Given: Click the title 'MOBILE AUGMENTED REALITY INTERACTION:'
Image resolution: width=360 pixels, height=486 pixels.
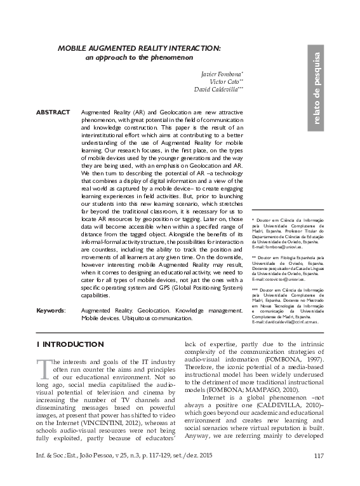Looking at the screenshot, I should (140, 48).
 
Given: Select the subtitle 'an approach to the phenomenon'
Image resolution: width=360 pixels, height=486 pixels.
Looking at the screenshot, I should (138, 58).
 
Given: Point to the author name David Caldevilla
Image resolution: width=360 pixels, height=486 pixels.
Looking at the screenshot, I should (217, 90).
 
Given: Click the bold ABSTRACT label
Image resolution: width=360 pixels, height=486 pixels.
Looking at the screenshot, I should (53, 112).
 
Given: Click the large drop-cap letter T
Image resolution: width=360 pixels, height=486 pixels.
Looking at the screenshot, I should (43, 368).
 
